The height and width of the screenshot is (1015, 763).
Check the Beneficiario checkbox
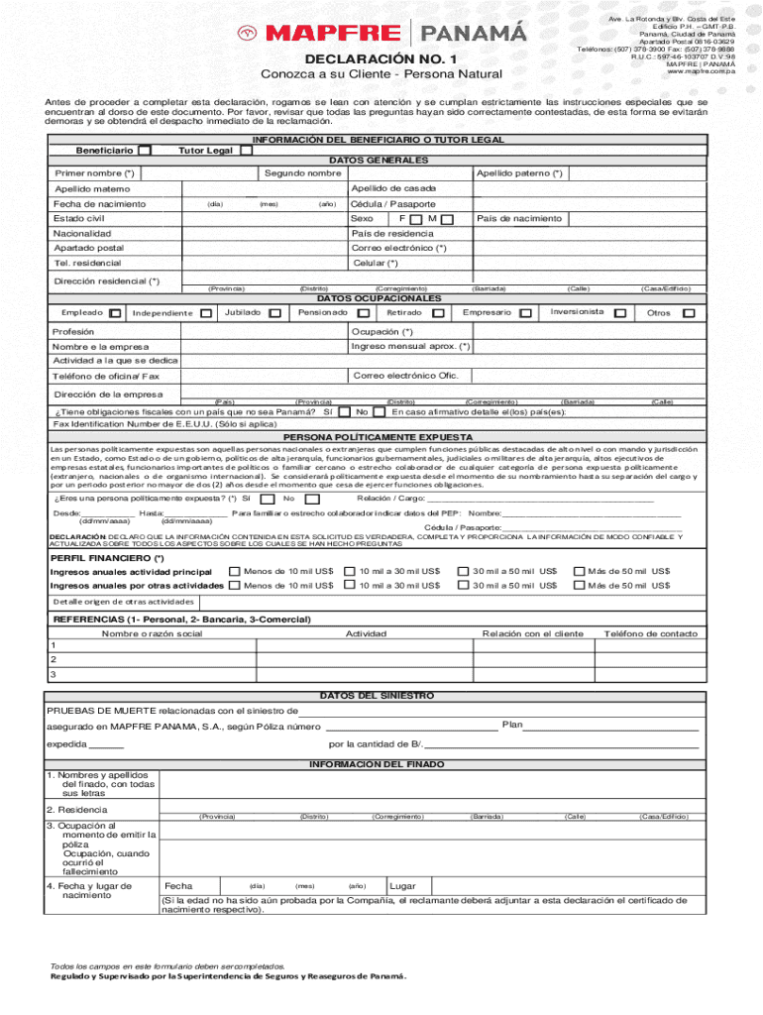click(145, 151)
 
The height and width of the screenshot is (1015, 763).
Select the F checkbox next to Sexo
click(416, 219)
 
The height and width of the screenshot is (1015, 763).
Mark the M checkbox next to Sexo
click(448, 219)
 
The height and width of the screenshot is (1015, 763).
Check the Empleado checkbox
click(116, 313)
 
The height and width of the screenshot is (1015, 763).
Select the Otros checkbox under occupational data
click(689, 313)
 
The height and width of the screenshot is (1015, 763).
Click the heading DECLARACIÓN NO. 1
click(380, 59)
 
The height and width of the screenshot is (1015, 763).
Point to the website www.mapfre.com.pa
click(701, 71)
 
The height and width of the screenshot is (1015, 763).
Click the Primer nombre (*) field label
click(94, 174)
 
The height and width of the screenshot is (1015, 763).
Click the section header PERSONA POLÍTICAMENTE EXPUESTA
click(378, 436)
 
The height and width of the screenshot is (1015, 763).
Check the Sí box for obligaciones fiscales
click(343, 411)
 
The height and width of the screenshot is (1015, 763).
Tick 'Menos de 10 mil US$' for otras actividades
click(234, 585)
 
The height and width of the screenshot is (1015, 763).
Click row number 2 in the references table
click(54, 659)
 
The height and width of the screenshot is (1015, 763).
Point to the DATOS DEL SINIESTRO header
click(377, 696)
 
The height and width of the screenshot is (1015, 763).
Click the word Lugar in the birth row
click(402, 885)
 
